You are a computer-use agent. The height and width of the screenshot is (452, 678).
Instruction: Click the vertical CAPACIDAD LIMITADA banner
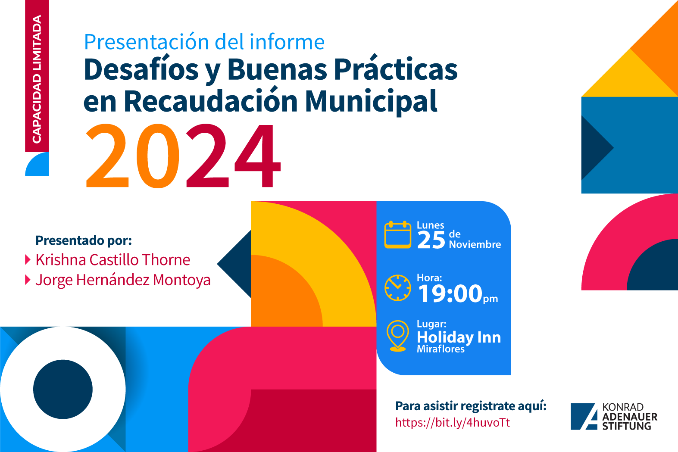tap(37, 76)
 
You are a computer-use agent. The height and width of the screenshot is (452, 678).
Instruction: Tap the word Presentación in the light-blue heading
tap(146, 42)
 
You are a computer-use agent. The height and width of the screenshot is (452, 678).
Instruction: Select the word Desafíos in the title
tap(141, 69)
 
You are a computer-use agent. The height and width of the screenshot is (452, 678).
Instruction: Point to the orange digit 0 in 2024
tap(158, 156)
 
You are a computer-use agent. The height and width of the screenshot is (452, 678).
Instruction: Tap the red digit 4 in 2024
tap(258, 156)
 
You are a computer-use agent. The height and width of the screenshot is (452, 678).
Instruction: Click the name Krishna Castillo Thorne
tap(112, 259)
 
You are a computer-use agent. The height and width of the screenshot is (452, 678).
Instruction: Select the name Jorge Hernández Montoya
tap(123, 280)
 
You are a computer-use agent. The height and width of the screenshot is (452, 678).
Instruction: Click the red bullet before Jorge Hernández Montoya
tap(28, 280)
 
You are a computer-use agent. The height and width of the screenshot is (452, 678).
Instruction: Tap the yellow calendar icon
tap(398, 235)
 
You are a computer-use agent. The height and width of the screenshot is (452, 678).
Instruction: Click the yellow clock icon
tap(398, 288)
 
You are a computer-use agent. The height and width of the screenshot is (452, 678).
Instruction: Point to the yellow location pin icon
tap(398, 336)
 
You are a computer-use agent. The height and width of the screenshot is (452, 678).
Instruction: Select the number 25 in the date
tap(431, 240)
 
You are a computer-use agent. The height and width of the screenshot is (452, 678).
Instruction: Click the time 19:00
tap(450, 293)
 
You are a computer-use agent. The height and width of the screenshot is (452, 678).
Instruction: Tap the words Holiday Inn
tap(459, 337)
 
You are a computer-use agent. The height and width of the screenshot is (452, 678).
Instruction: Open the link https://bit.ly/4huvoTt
tap(453, 422)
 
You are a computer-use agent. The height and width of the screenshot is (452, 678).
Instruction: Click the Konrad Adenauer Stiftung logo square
tap(584, 416)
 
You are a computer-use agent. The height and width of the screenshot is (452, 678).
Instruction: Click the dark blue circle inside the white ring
tap(62, 389)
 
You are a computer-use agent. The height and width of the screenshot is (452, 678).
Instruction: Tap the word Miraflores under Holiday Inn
tap(441, 349)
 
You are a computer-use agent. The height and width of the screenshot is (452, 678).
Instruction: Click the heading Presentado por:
tap(84, 240)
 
